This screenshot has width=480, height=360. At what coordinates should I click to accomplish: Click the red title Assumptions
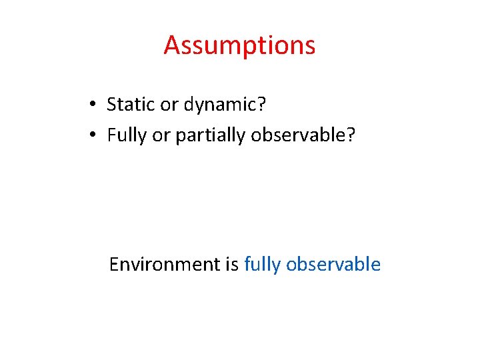click(x=239, y=46)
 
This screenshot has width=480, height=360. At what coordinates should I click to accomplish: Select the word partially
click(x=210, y=136)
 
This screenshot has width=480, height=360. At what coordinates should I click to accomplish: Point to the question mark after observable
click(x=351, y=135)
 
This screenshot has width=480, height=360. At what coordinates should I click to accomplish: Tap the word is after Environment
click(x=232, y=265)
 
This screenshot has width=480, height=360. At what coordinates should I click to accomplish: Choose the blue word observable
click(x=333, y=265)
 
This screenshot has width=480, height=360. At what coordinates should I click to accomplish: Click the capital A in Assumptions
click(x=173, y=46)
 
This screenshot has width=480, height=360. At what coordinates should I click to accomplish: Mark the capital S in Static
click(x=112, y=104)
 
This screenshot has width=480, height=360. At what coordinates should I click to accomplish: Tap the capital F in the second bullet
click(x=111, y=135)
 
